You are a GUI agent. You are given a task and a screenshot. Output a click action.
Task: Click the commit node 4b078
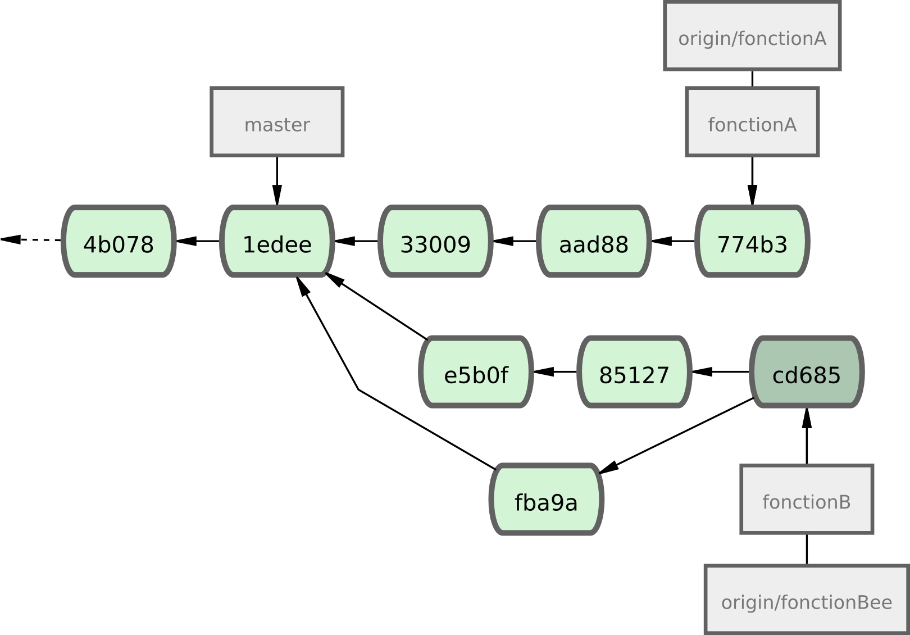pyautogui.click(x=118, y=242)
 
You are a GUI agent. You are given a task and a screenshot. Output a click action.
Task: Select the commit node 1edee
pyautogui.click(x=277, y=242)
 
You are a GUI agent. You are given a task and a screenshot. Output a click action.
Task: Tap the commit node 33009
pyautogui.click(x=435, y=242)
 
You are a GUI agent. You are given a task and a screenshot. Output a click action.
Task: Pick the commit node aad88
pyautogui.click(x=594, y=242)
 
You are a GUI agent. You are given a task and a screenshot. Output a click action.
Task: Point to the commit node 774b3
pyautogui.click(x=752, y=242)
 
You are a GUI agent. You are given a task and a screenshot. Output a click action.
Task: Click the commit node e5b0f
pyautogui.click(x=476, y=372)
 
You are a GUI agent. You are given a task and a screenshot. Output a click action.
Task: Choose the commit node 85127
pyautogui.click(x=634, y=372)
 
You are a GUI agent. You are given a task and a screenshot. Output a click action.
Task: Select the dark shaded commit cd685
pyautogui.click(x=807, y=372)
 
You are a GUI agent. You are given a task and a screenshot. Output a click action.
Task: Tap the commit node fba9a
pyautogui.click(x=546, y=500)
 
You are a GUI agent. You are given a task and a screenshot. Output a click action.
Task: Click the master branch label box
pyautogui.click(x=277, y=122)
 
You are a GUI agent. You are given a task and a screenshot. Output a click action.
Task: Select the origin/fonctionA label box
pyautogui.click(x=752, y=36)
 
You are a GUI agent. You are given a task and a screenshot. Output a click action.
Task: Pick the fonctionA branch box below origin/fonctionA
pyautogui.click(x=752, y=122)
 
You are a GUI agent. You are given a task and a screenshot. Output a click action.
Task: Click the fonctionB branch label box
pyautogui.click(x=807, y=499)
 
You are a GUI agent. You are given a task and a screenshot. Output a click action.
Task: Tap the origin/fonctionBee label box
pyautogui.click(x=807, y=600)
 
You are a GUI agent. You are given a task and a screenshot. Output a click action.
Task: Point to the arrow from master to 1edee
pyautogui.click(x=276, y=180)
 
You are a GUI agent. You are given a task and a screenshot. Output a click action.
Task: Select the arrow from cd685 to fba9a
pyautogui.click(x=677, y=436)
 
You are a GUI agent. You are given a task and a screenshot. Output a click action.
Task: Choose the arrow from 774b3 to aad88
pyautogui.click(x=673, y=241)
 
